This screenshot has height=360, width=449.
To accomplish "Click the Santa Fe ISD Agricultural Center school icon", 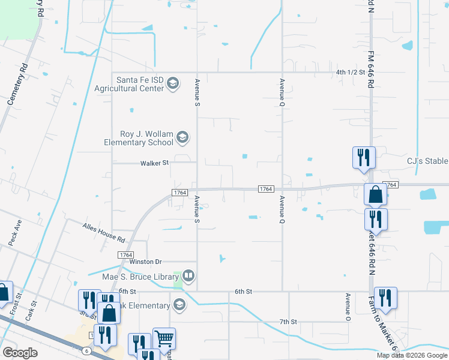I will pos(173,83).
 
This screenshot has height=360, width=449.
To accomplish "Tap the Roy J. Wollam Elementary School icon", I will pos(182,138).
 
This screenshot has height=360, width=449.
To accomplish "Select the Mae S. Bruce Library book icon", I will pos(189,276).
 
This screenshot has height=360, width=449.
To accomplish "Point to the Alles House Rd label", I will pos(104,231).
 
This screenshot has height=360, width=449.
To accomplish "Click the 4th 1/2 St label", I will pos(351,73).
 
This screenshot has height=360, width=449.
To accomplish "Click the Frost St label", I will pos(19,298).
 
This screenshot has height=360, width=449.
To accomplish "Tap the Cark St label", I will pos(32,313).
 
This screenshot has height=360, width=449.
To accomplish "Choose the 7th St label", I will pos(288,322).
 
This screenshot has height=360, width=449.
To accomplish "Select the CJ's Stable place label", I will pos(427,161).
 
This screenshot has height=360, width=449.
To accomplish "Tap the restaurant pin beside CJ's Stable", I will pos(364,157).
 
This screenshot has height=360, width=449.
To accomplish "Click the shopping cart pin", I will pos(164,338).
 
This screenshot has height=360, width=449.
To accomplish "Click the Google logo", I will pos(20,353).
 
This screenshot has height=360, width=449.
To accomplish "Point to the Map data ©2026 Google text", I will pos(411,355).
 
